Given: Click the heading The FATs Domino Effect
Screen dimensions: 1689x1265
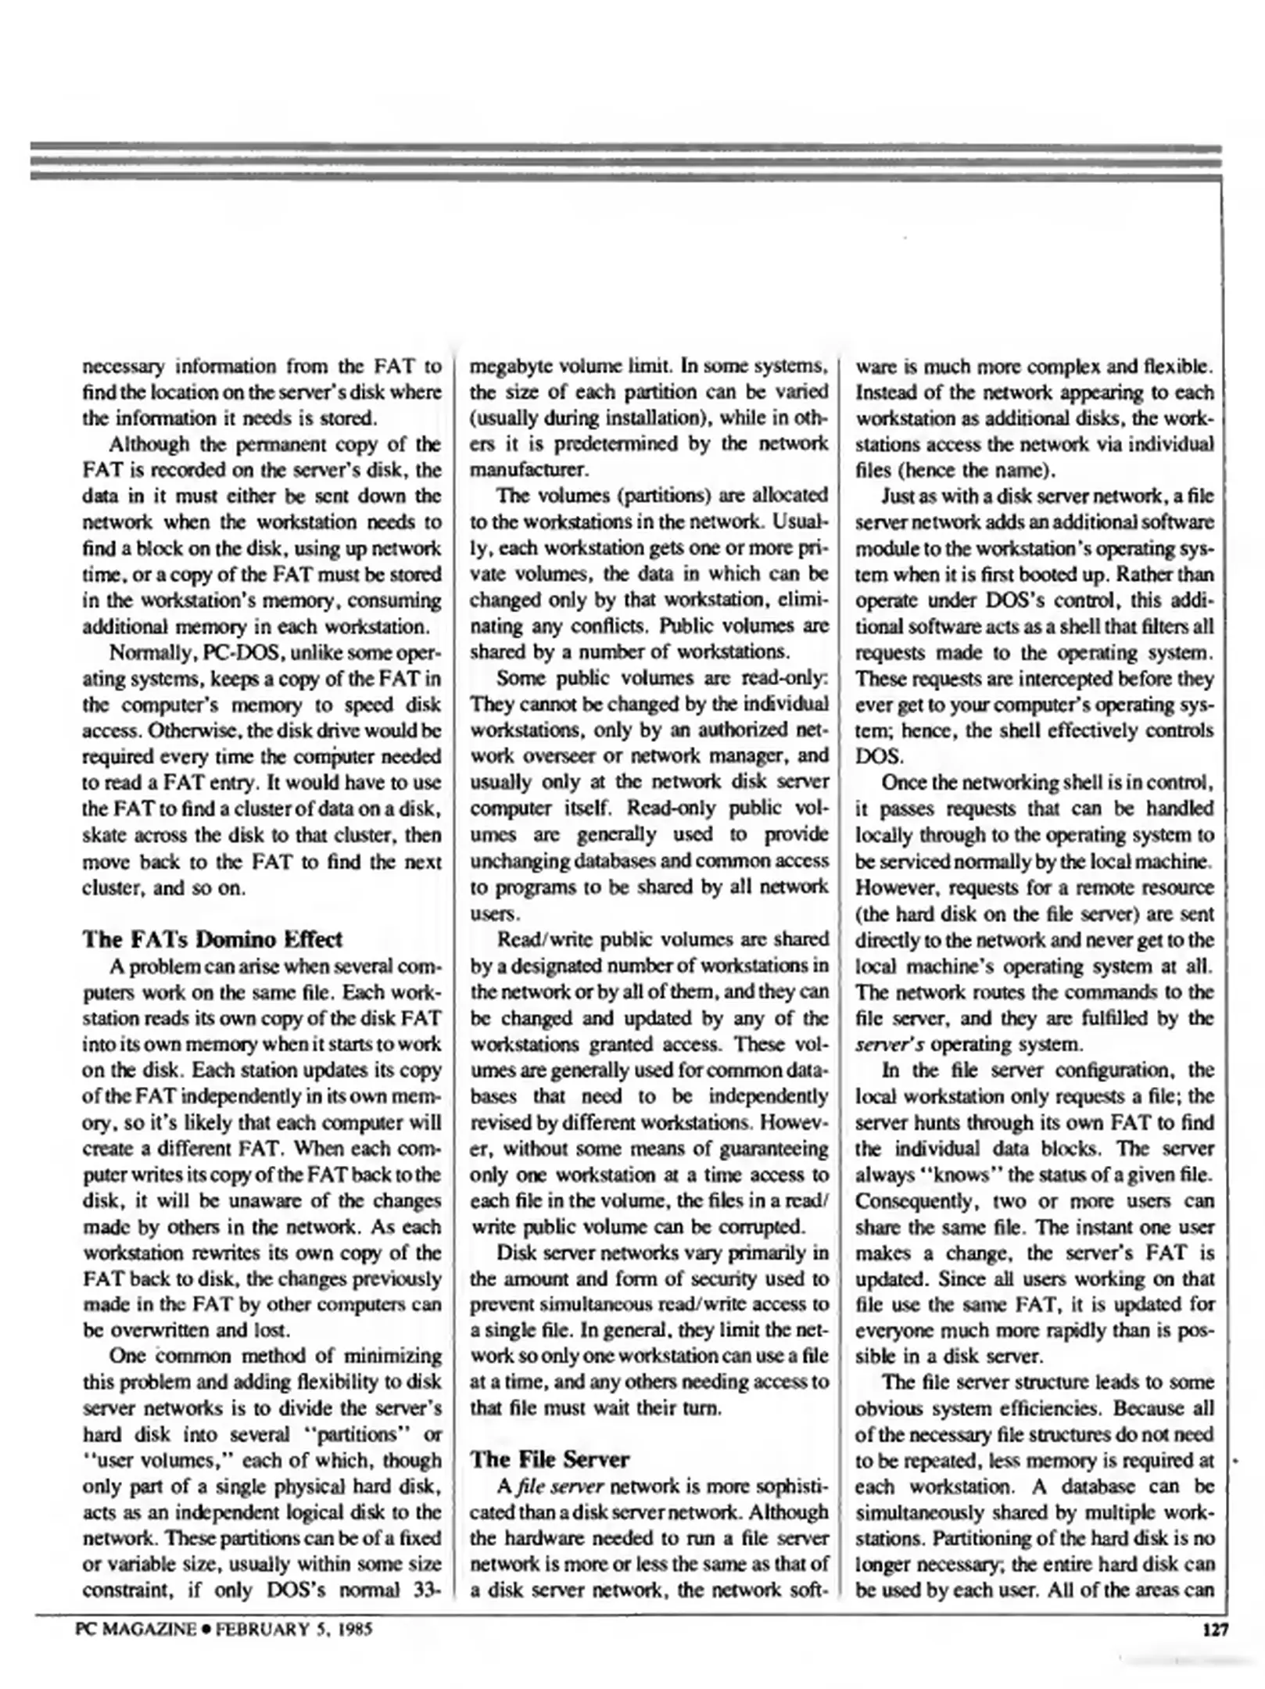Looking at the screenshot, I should click(212, 939).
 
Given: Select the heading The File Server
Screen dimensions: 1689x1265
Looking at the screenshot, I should click(549, 1459).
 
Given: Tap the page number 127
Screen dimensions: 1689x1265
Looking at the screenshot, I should click(1216, 1630).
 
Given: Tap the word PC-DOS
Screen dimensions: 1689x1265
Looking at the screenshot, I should click(240, 653).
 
